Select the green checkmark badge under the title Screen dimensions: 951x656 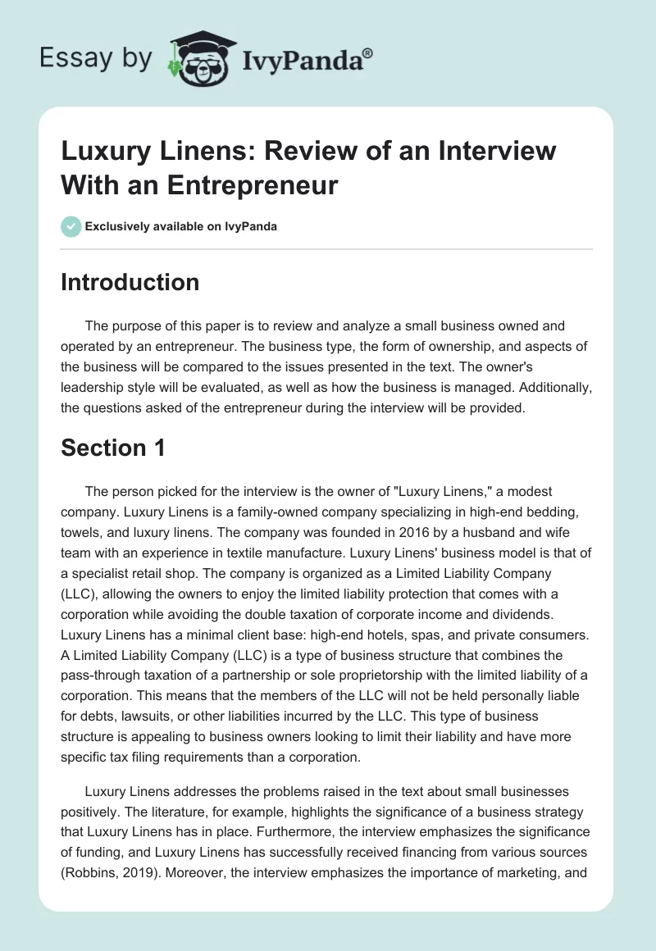coord(71,226)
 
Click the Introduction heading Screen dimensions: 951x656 coord(130,282)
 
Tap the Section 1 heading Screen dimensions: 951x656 coord(114,448)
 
